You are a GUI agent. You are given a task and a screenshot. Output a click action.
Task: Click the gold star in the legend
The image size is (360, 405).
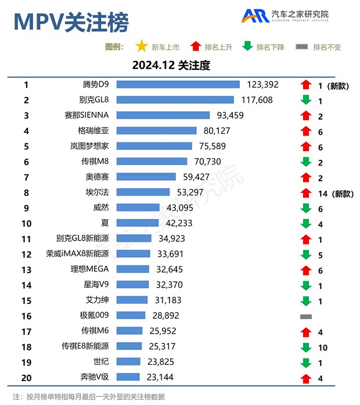(x=141, y=46)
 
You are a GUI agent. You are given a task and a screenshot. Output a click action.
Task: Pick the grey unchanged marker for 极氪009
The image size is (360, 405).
(x=306, y=316)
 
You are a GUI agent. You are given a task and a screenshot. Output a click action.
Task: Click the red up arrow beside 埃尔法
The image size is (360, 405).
(x=306, y=193)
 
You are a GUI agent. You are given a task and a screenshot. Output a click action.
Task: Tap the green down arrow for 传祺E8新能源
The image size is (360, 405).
(x=306, y=347)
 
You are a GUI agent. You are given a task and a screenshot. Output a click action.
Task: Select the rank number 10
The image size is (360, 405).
(x=26, y=223)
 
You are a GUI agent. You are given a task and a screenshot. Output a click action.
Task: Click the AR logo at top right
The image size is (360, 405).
(x=255, y=16)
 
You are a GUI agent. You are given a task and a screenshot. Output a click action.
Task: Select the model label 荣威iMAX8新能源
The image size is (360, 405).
(x=77, y=254)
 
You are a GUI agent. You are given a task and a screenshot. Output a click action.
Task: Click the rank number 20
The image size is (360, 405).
(x=26, y=377)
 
